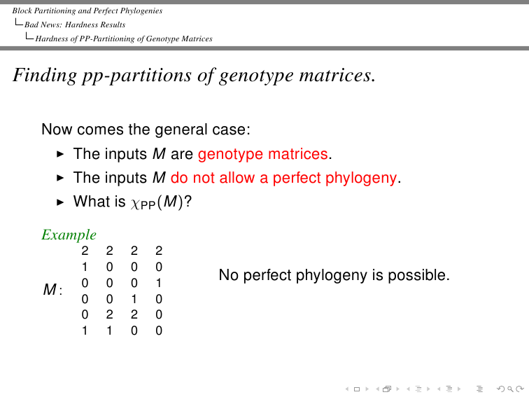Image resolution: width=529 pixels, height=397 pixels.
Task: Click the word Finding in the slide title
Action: pos(45,76)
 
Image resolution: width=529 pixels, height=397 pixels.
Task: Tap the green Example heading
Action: pos(69,235)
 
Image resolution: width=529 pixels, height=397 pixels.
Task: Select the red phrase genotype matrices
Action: pos(263,155)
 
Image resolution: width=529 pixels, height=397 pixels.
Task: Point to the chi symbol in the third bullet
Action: pos(134,203)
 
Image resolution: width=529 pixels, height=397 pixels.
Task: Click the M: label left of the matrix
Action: pos(52,290)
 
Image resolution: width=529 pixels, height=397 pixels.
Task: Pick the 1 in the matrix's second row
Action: pos(85,267)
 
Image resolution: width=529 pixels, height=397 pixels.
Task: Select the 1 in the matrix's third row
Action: pos(159,283)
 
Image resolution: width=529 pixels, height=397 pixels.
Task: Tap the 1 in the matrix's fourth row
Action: pos(134,299)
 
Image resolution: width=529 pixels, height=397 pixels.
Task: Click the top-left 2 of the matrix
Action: pos(85,251)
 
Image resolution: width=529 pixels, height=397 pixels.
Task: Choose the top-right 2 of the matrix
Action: pos(159,251)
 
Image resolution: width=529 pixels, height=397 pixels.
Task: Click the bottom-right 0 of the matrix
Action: pos(159,330)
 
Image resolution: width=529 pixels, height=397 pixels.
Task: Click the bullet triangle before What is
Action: pos(60,202)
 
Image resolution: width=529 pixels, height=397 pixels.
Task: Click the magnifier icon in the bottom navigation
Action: pos(510,389)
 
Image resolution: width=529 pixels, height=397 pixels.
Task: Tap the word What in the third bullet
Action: pos(89,202)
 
